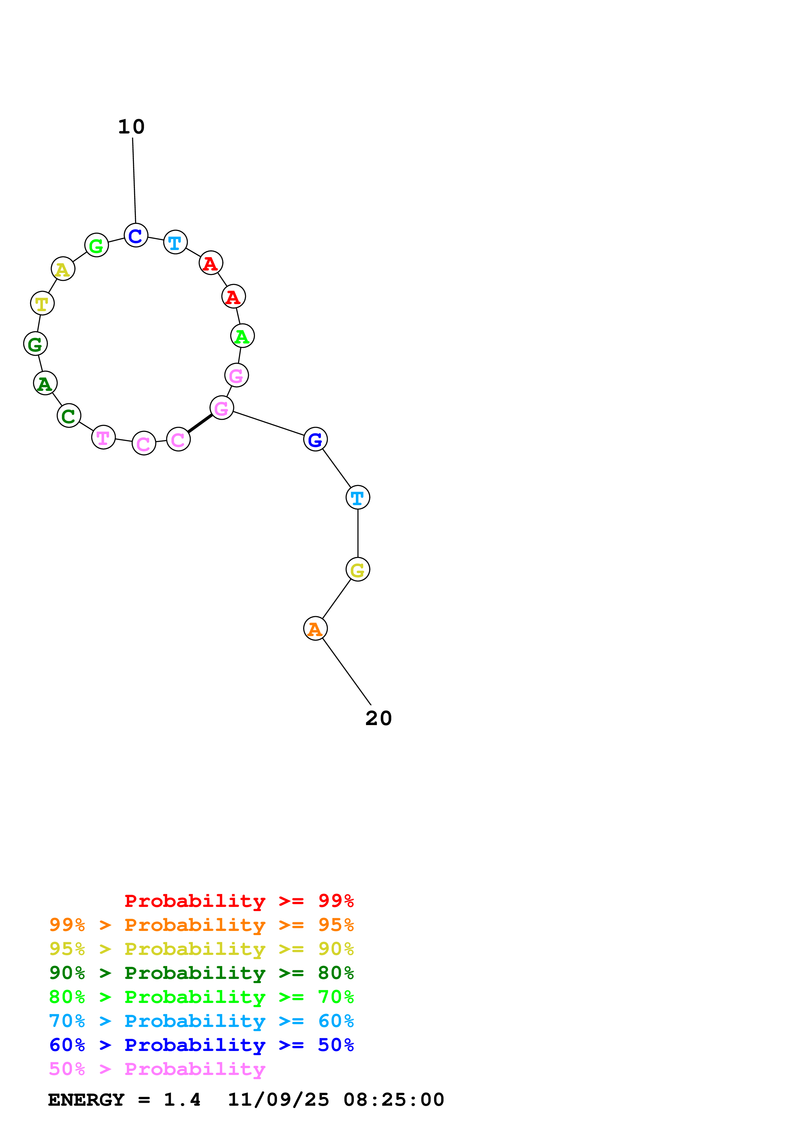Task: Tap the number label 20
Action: coord(378,718)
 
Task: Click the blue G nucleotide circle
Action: coord(315,439)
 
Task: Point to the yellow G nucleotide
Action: coord(358,569)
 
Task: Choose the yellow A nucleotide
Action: coord(63,269)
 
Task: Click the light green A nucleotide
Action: coord(242,336)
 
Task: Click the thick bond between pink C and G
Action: coord(200,423)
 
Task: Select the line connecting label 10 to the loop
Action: coord(134,181)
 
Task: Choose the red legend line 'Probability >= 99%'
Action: coord(239,901)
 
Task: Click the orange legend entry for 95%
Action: coord(201,925)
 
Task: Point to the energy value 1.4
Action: coord(182,1100)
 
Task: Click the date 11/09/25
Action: coord(278,1100)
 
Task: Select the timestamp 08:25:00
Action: coord(394,1100)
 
